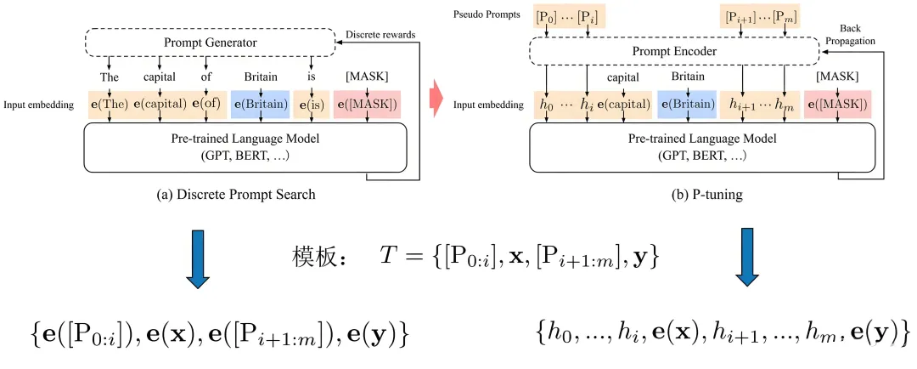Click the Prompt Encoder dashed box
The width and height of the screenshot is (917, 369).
coord(675,51)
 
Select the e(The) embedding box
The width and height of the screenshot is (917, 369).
coord(110,104)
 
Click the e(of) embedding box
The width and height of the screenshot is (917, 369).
coord(209,104)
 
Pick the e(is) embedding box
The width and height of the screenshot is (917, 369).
coord(311,104)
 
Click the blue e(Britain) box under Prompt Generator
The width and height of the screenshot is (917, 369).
coord(260,104)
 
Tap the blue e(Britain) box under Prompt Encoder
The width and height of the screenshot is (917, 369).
coord(687,104)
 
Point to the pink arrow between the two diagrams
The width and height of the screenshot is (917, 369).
coord(436,98)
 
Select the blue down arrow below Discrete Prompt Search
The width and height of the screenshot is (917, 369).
coord(198,253)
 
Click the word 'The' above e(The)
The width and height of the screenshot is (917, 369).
coord(110,77)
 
